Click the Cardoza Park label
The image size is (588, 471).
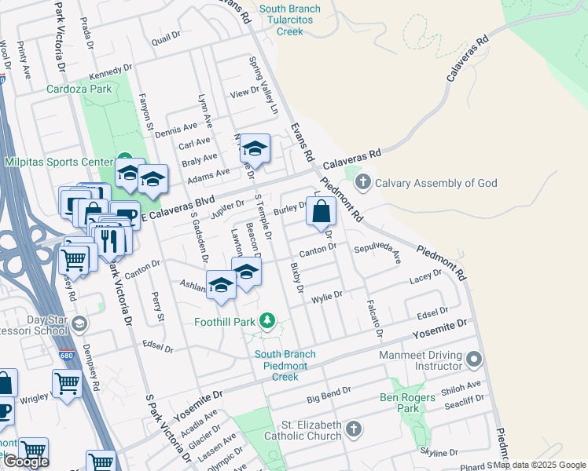(79, 89)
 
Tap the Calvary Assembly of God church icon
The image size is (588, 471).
(362, 184)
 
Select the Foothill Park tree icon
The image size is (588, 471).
(268, 321)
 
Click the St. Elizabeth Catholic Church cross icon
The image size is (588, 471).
(354, 429)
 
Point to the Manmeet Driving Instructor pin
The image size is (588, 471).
(473, 360)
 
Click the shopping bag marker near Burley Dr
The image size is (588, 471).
(322, 211)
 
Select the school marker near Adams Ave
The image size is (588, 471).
(255, 148)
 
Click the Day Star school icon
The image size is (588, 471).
(79, 323)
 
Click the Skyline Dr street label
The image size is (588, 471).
(439, 453)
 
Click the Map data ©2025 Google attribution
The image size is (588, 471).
(539, 465)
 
